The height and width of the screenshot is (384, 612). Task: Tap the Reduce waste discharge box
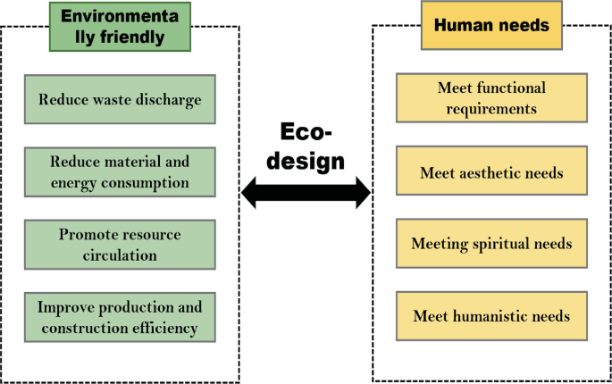point(120,98)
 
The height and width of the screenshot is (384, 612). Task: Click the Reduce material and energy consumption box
point(120,172)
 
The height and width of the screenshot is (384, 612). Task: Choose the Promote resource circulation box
point(120,245)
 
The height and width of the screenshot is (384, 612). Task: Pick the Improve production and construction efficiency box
point(120,317)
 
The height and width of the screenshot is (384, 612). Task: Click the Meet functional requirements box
point(491,98)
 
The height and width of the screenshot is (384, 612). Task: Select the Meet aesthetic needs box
point(491,172)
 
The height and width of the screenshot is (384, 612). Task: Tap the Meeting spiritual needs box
point(491,244)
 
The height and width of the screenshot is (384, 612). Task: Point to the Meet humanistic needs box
point(491,316)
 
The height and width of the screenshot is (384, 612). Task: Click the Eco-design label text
point(306,147)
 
